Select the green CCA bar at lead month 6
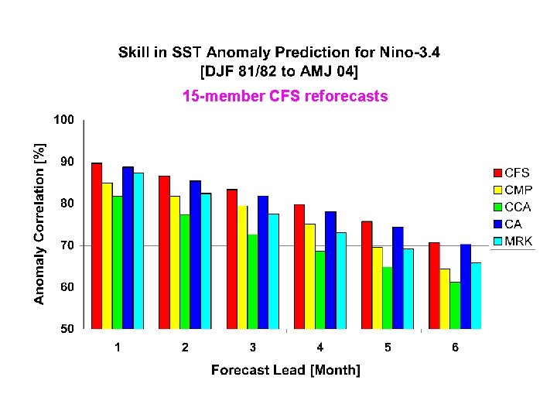(455, 305)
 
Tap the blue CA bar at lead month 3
(263, 262)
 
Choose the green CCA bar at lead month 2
(185, 272)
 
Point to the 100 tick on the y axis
(63, 120)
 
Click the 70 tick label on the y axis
(67, 245)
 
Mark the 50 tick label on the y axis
(67, 329)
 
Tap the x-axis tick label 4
(320, 348)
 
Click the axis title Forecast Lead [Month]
(285, 370)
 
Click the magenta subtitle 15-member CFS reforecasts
(285, 96)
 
